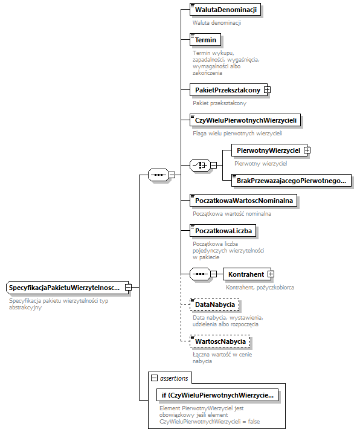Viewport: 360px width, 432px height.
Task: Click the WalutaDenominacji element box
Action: point(225,10)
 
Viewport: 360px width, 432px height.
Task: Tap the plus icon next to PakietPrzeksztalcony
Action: point(267,90)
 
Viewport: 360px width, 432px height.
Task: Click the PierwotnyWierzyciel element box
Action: point(268,150)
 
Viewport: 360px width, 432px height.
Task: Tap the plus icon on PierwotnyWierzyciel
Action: point(307,150)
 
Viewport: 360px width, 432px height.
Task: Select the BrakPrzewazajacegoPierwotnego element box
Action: point(292,180)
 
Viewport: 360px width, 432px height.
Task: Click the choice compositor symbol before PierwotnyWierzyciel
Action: point(199,165)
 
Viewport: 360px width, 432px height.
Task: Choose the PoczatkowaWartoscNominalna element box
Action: point(243,200)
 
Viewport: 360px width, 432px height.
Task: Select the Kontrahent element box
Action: point(245,274)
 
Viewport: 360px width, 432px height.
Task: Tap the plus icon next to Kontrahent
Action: point(271,274)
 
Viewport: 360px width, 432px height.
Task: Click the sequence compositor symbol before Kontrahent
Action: point(199,274)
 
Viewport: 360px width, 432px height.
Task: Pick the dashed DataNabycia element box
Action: point(214,305)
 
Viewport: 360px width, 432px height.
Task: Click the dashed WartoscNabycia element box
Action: point(220,342)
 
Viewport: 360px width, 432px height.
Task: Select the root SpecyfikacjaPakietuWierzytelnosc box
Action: point(65,288)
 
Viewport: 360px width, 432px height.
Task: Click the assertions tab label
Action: point(173,378)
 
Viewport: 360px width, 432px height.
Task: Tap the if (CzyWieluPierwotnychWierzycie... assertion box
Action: point(216,395)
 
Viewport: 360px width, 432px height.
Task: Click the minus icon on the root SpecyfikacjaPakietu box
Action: point(128,288)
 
